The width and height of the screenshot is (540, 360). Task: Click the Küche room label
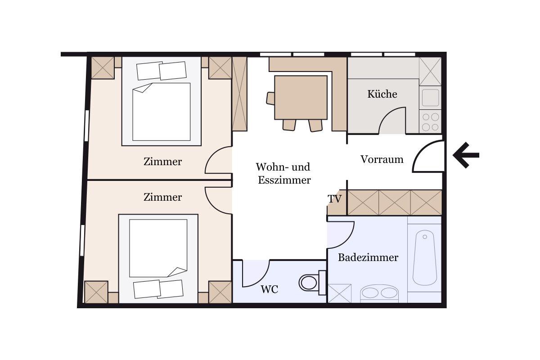(382, 94)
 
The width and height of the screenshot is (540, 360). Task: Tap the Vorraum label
(382, 159)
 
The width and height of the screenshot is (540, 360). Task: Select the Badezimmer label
(368, 257)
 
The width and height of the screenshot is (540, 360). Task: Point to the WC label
(269, 289)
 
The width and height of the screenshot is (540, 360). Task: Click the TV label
(335, 199)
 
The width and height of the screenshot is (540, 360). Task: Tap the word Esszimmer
(284, 180)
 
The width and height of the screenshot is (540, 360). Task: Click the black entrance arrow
(466, 155)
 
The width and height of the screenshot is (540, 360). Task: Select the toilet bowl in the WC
(308, 283)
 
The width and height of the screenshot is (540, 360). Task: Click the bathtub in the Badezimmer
(425, 258)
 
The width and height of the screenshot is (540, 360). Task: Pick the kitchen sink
(430, 98)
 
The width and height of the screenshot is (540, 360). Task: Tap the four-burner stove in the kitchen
(430, 121)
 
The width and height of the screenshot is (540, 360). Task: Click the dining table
(301, 97)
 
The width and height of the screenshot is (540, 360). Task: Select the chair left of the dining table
(270, 99)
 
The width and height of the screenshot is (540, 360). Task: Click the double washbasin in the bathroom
(380, 293)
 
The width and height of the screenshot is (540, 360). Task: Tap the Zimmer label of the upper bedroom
(163, 162)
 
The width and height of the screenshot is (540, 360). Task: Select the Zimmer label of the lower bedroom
(163, 197)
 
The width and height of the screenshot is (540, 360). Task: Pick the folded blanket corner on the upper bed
(143, 88)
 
